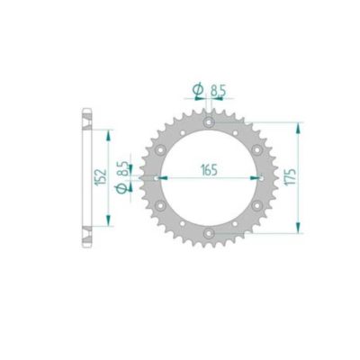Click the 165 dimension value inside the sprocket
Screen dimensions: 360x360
(209, 167)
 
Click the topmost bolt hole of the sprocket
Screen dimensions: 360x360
(209, 121)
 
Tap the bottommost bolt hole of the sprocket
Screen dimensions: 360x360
(209, 235)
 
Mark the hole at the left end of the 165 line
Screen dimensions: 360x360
(160, 178)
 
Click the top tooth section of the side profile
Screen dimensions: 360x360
(86, 120)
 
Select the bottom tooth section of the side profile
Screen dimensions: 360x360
(86, 236)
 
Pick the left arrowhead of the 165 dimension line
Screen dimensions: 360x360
(166, 178)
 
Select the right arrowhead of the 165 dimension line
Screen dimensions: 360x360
(252, 178)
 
